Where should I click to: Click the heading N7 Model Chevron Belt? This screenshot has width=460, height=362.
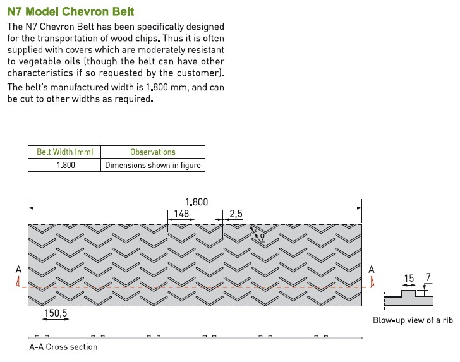71,11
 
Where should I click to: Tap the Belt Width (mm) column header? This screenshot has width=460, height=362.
65,152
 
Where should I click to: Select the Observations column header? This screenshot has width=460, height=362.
153,152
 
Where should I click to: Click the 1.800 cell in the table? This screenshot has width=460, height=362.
66,165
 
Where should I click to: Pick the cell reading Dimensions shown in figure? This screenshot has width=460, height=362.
153,165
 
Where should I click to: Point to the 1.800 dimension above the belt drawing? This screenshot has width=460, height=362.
197,202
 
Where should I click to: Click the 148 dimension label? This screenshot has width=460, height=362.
181,214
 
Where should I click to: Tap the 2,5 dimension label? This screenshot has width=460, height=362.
236,214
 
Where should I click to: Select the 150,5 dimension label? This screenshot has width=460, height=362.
56,313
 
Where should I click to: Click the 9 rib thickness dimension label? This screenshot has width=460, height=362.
262,237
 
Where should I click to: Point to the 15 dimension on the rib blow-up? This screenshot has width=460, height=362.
409,278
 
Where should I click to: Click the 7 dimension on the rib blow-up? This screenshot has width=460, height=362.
428,277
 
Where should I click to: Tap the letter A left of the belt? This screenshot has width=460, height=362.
18,269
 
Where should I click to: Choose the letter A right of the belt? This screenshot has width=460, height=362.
372,269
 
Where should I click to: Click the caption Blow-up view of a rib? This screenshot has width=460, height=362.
413,320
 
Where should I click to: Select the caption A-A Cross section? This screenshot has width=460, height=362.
63,347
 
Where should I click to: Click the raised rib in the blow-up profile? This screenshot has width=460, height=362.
409,293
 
